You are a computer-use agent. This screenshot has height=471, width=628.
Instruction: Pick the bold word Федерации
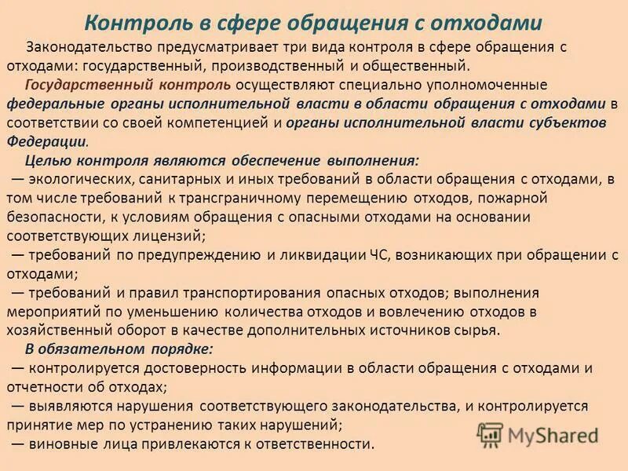coord(46,141)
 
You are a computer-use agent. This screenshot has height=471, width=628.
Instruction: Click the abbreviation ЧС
coord(380,254)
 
